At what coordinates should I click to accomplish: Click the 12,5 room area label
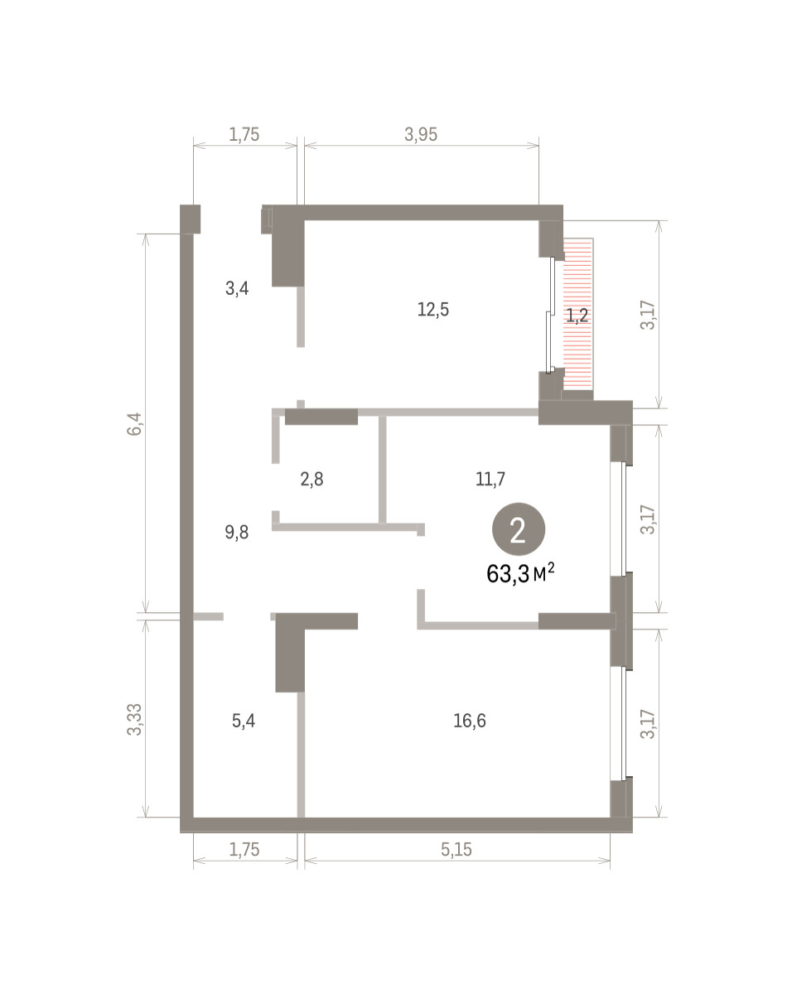pyautogui.click(x=432, y=310)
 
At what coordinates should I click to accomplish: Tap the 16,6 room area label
pyautogui.click(x=469, y=721)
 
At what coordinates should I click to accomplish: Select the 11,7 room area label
pyautogui.click(x=490, y=479)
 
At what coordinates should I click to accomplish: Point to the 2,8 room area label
pyautogui.click(x=311, y=480)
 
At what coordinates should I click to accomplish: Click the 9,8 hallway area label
pyautogui.click(x=237, y=533)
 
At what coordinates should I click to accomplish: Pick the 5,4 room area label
pyautogui.click(x=243, y=721)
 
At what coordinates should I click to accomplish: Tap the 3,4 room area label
pyautogui.click(x=237, y=289)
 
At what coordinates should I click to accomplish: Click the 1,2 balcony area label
pyautogui.click(x=577, y=316)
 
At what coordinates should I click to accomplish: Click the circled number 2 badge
pyautogui.click(x=518, y=528)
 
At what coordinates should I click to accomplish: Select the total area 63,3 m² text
pyautogui.click(x=520, y=574)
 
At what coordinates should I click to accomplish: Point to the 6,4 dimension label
pyautogui.click(x=134, y=424)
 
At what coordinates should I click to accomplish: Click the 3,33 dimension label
pyautogui.click(x=134, y=720)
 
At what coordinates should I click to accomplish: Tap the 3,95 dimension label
pyautogui.click(x=421, y=134)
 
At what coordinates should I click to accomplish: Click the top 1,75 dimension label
pyautogui.click(x=244, y=134)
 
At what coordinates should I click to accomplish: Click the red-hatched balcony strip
pyautogui.click(x=578, y=314)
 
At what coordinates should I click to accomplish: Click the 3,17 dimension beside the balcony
pyautogui.click(x=648, y=315)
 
